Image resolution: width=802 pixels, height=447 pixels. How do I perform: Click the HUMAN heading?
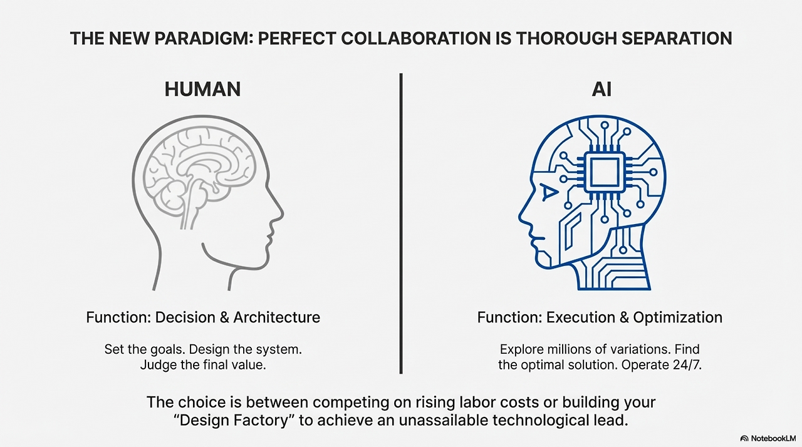202,89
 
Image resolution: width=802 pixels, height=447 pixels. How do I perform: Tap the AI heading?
601,89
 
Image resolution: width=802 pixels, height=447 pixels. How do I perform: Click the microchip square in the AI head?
604,172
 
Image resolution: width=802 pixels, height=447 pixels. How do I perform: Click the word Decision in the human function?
182,317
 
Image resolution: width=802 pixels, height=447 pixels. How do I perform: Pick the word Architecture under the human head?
276,317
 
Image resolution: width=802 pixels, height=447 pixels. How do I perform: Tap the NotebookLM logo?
768,438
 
